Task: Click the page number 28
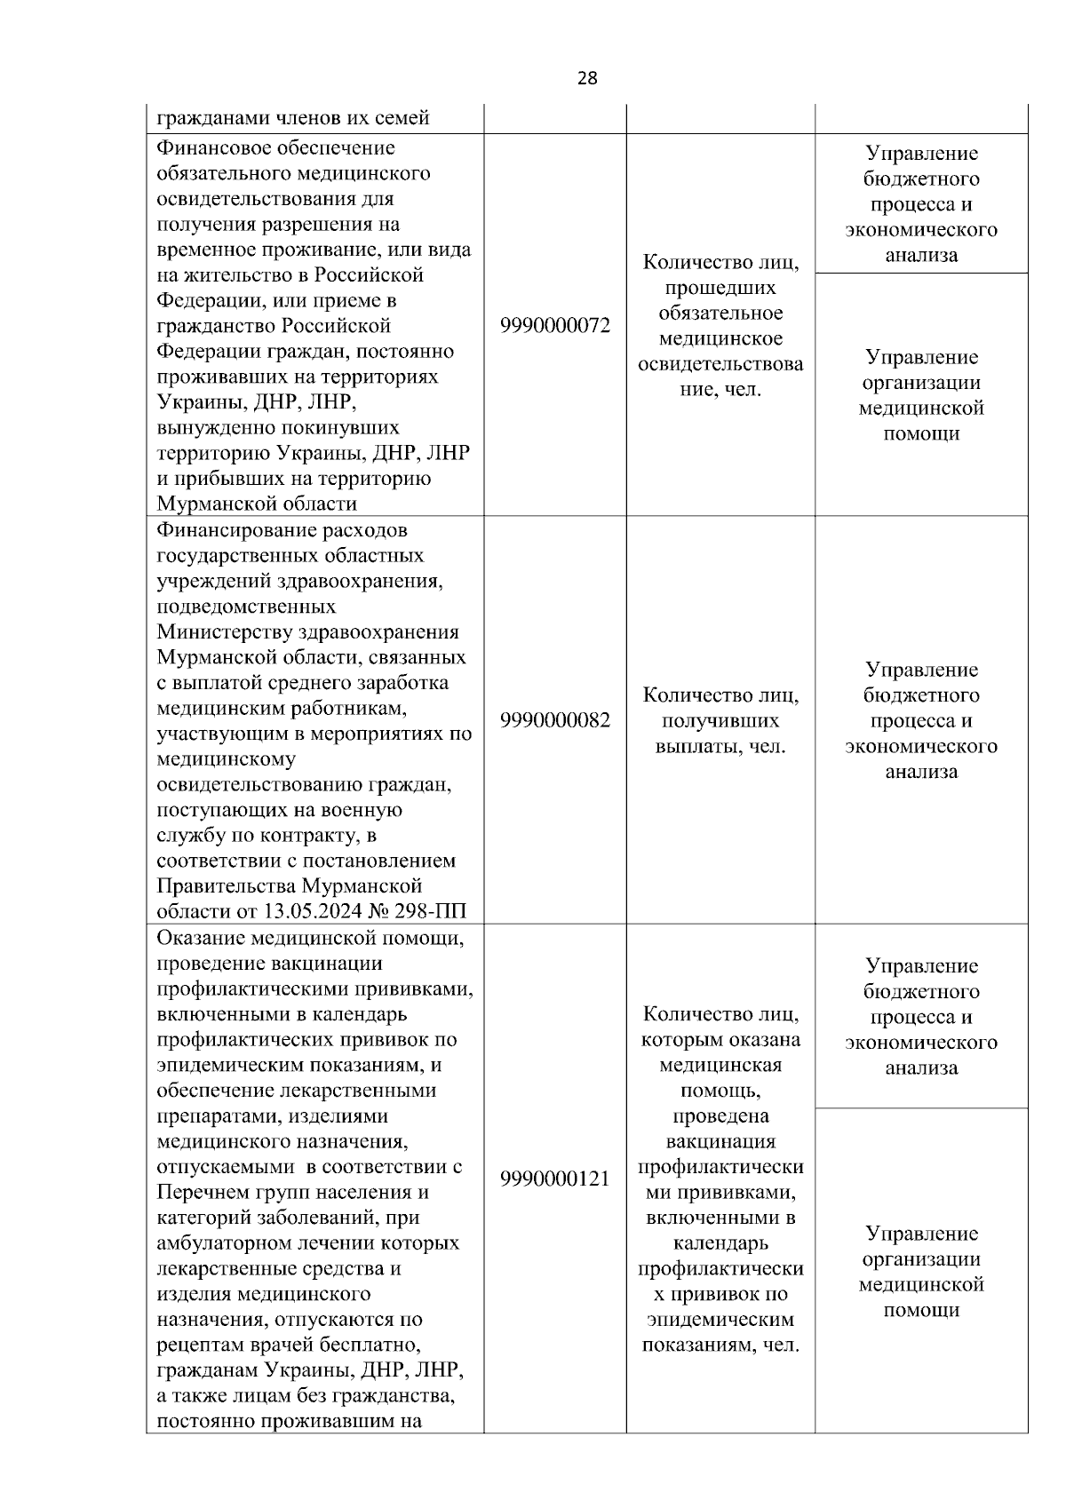click(x=587, y=78)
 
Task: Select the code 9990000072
click(x=555, y=326)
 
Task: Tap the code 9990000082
click(x=555, y=720)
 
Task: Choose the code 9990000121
click(x=555, y=1179)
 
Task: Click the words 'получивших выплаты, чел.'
click(x=720, y=734)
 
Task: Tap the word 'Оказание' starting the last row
click(x=201, y=938)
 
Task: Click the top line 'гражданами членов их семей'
click(x=293, y=118)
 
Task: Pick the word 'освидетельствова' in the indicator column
click(x=720, y=364)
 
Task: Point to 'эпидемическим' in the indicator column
click(x=720, y=1320)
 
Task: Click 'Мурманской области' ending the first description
click(x=257, y=504)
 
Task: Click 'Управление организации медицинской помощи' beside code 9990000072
click(x=921, y=395)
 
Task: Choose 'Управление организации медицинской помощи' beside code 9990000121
click(x=921, y=1272)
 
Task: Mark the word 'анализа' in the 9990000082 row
click(x=921, y=772)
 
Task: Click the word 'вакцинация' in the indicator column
click(x=720, y=1141)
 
